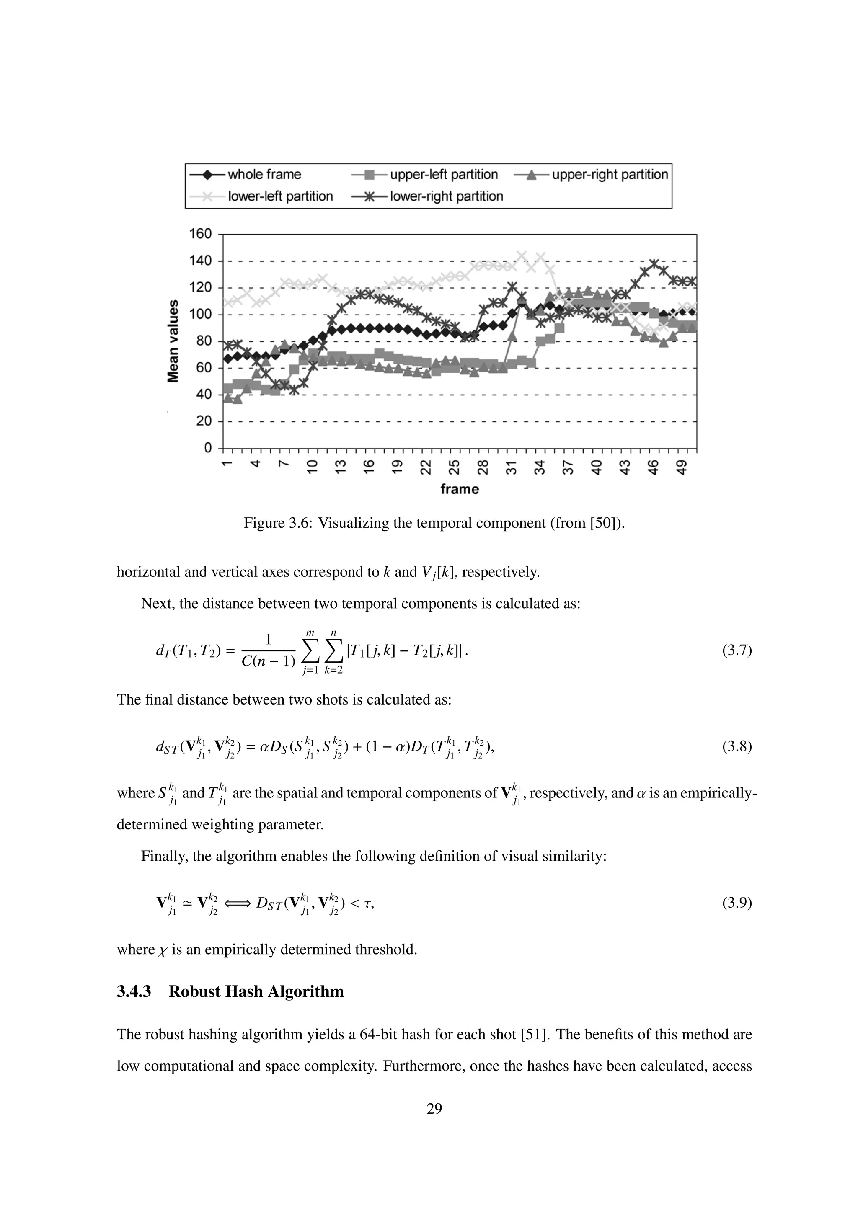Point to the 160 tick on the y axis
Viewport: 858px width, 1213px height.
tap(200, 234)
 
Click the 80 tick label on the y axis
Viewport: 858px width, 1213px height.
tap(204, 341)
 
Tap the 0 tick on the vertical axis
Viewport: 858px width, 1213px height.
tap(208, 448)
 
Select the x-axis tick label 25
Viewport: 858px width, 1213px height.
tap(454, 467)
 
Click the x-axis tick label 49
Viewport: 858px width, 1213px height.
tap(682, 467)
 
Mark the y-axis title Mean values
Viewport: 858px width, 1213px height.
tap(173, 341)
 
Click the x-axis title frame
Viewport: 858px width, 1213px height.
tap(459, 489)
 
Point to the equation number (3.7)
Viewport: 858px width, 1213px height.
tap(737, 650)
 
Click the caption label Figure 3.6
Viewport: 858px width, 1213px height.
tap(278, 524)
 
